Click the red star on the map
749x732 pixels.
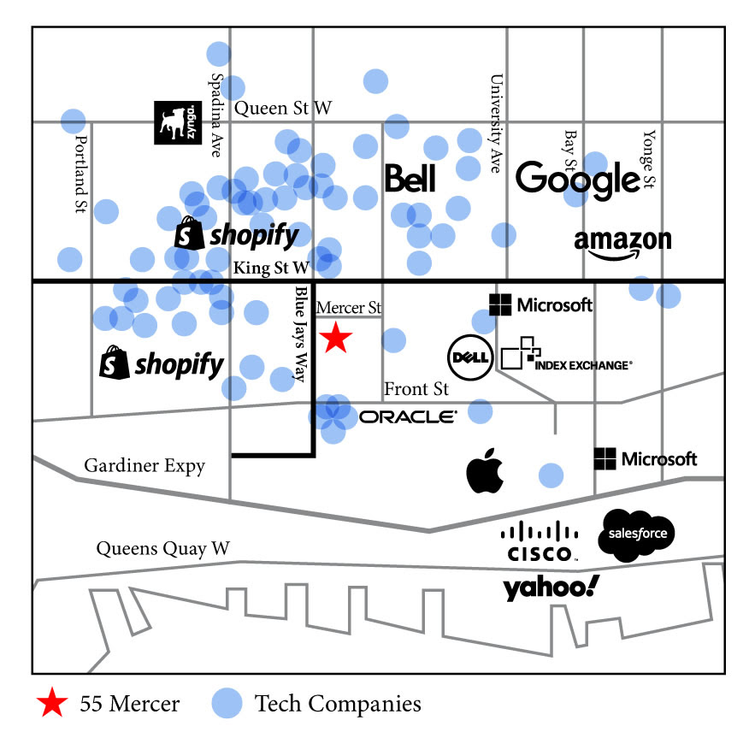click(336, 337)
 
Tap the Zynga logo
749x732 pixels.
click(178, 122)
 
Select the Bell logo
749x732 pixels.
click(410, 178)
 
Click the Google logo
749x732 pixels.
click(577, 180)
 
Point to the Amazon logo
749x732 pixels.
click(622, 245)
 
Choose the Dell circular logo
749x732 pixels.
click(470, 357)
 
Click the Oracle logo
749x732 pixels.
click(408, 417)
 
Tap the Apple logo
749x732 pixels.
click(485, 470)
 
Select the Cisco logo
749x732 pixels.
click(540, 542)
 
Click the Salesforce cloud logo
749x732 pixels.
click(636, 535)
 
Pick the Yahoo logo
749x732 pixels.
click(551, 587)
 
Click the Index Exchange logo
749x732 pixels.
click(567, 355)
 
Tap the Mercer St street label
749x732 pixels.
click(349, 307)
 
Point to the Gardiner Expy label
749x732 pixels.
click(144, 466)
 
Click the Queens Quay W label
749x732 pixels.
click(163, 549)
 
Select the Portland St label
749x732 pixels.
click(82, 174)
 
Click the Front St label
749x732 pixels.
click(416, 389)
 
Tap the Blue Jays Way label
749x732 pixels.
click(300, 334)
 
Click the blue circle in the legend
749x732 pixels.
click(227, 703)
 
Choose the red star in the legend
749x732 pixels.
click(52, 702)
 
